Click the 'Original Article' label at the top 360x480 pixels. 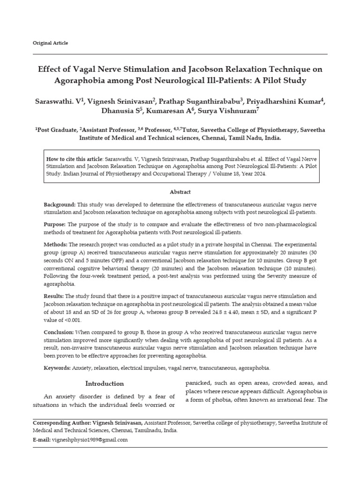pyautogui.click(x=50, y=43)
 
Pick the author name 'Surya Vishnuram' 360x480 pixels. pyautogui.click(x=226, y=112)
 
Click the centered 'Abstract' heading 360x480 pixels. pyautogui.click(x=180, y=192)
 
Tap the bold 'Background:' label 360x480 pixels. pyautogui.click(x=60, y=205)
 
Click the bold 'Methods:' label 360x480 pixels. pyautogui.click(x=56, y=245)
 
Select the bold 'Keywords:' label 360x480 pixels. pyautogui.click(x=57, y=367)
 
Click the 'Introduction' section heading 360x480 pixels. pyautogui.click(x=105, y=383)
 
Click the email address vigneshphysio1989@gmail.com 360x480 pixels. pyautogui.click(x=89, y=440)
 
